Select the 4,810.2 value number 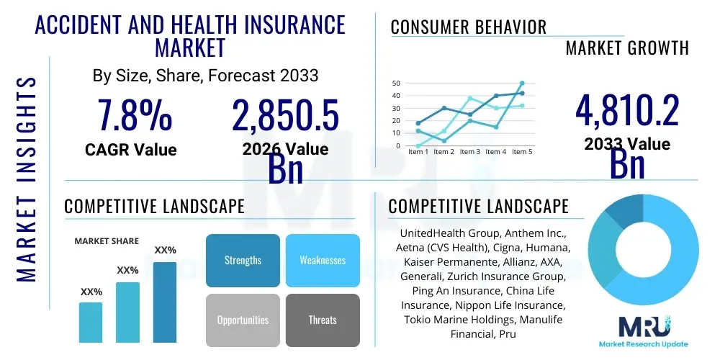627,112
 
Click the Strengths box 243,260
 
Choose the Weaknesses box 323,260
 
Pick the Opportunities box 243,320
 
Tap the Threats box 323,320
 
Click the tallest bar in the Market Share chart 165,302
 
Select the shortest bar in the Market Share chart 91,322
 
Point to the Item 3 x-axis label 470,152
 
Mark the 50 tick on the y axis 395,83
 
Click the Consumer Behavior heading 468,27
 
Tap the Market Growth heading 627,48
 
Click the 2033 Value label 627,144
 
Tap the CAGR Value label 130,150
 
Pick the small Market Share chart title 107,240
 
